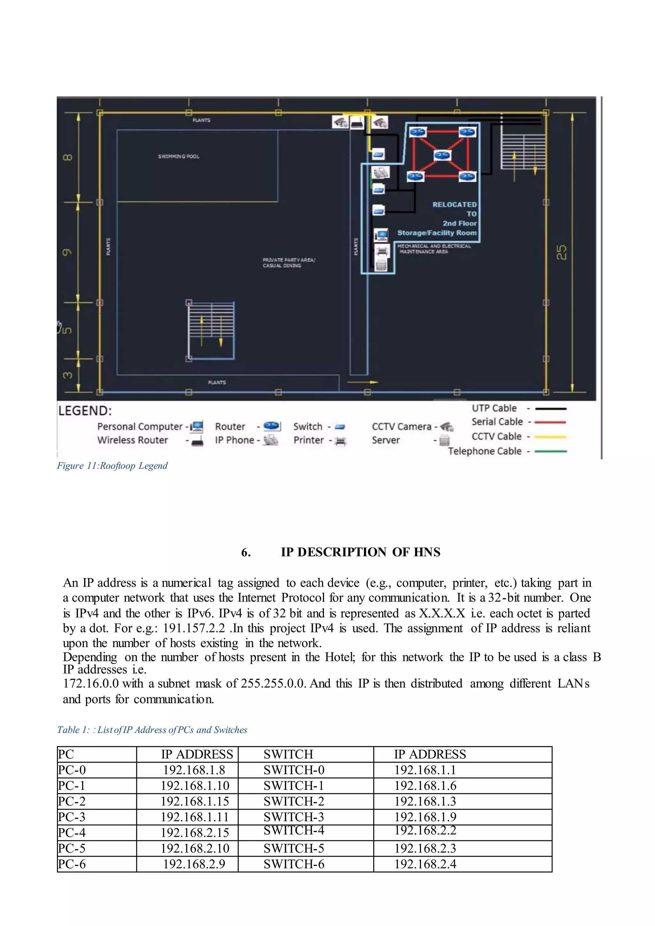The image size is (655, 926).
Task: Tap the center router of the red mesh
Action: (x=442, y=155)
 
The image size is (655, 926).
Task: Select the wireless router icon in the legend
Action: (x=197, y=441)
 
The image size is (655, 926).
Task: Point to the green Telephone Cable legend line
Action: (x=550, y=451)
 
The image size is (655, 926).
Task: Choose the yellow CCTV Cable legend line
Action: (x=550, y=437)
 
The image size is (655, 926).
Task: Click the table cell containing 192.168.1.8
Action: (x=194, y=770)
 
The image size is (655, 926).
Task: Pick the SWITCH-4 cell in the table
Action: (x=294, y=830)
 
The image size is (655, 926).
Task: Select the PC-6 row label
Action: (x=72, y=864)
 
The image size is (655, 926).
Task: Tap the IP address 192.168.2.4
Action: (x=425, y=864)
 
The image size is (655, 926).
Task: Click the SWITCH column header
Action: (x=288, y=754)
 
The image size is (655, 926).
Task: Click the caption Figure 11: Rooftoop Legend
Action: (x=112, y=466)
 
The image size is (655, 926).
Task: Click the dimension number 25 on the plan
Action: (x=561, y=253)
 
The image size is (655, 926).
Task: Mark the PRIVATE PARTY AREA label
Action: (x=289, y=263)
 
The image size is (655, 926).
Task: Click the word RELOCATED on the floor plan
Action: (x=454, y=204)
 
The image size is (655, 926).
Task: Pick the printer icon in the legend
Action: (x=341, y=441)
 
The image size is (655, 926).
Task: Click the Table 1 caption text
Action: (x=152, y=730)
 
